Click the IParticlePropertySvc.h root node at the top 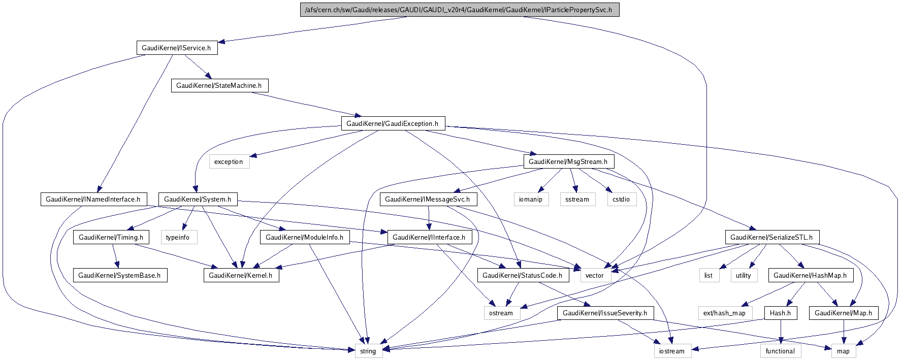tap(459, 10)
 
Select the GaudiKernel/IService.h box tap(176, 48)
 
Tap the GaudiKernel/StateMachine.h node tap(219, 85)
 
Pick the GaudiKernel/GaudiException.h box tap(392, 123)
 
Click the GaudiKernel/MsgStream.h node tap(568, 161)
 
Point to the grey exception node tap(229, 161)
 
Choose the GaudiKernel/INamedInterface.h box tap(93, 199)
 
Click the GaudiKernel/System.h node tap(198, 199)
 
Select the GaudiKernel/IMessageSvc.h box tap(428, 199)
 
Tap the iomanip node tap(531, 199)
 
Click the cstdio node tap(621, 199)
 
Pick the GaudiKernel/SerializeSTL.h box tap(771, 237)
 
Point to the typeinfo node tap(178, 237)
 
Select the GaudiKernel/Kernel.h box tap(241, 275)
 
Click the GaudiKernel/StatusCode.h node tap(522, 275)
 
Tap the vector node tap(594, 275)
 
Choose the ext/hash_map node tap(724, 313)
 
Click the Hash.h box tap(780, 313)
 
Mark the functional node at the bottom tap(780, 351)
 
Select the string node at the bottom tap(368, 351)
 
